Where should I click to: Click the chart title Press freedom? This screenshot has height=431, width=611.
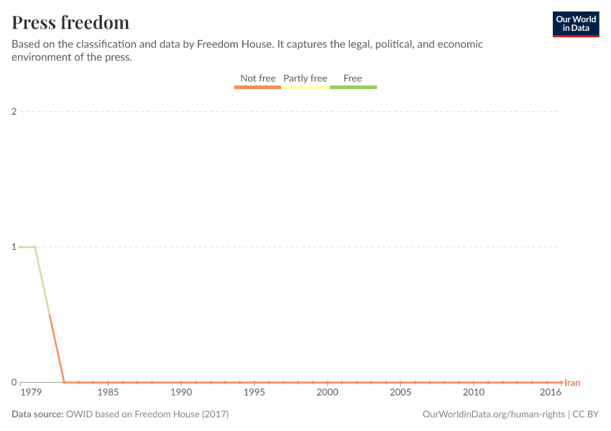[70, 22]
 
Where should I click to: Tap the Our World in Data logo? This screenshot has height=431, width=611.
[575, 24]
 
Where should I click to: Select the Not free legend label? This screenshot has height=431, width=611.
[257, 78]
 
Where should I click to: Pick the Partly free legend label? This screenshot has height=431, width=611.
[305, 78]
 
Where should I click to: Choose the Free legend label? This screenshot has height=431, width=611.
[353, 78]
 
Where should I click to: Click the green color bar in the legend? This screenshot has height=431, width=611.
[353, 87]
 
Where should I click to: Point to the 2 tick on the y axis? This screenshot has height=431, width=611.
[14, 111]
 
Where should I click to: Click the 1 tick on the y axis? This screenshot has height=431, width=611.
[14, 246]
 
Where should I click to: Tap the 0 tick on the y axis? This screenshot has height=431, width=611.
[14, 382]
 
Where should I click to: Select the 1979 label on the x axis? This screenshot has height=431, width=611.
[31, 393]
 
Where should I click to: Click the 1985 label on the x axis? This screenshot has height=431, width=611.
[108, 393]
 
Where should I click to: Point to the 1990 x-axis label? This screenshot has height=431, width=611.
[181, 393]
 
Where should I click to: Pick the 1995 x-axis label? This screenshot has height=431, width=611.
[254, 393]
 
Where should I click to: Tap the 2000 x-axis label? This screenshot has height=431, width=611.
[327, 393]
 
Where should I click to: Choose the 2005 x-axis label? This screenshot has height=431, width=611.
[400, 393]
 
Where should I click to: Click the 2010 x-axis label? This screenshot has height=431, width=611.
[473, 393]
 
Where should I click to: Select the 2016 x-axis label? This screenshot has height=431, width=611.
[551, 393]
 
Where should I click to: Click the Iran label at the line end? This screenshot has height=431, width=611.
[572, 383]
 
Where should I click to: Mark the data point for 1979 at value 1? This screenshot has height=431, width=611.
[21, 246]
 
